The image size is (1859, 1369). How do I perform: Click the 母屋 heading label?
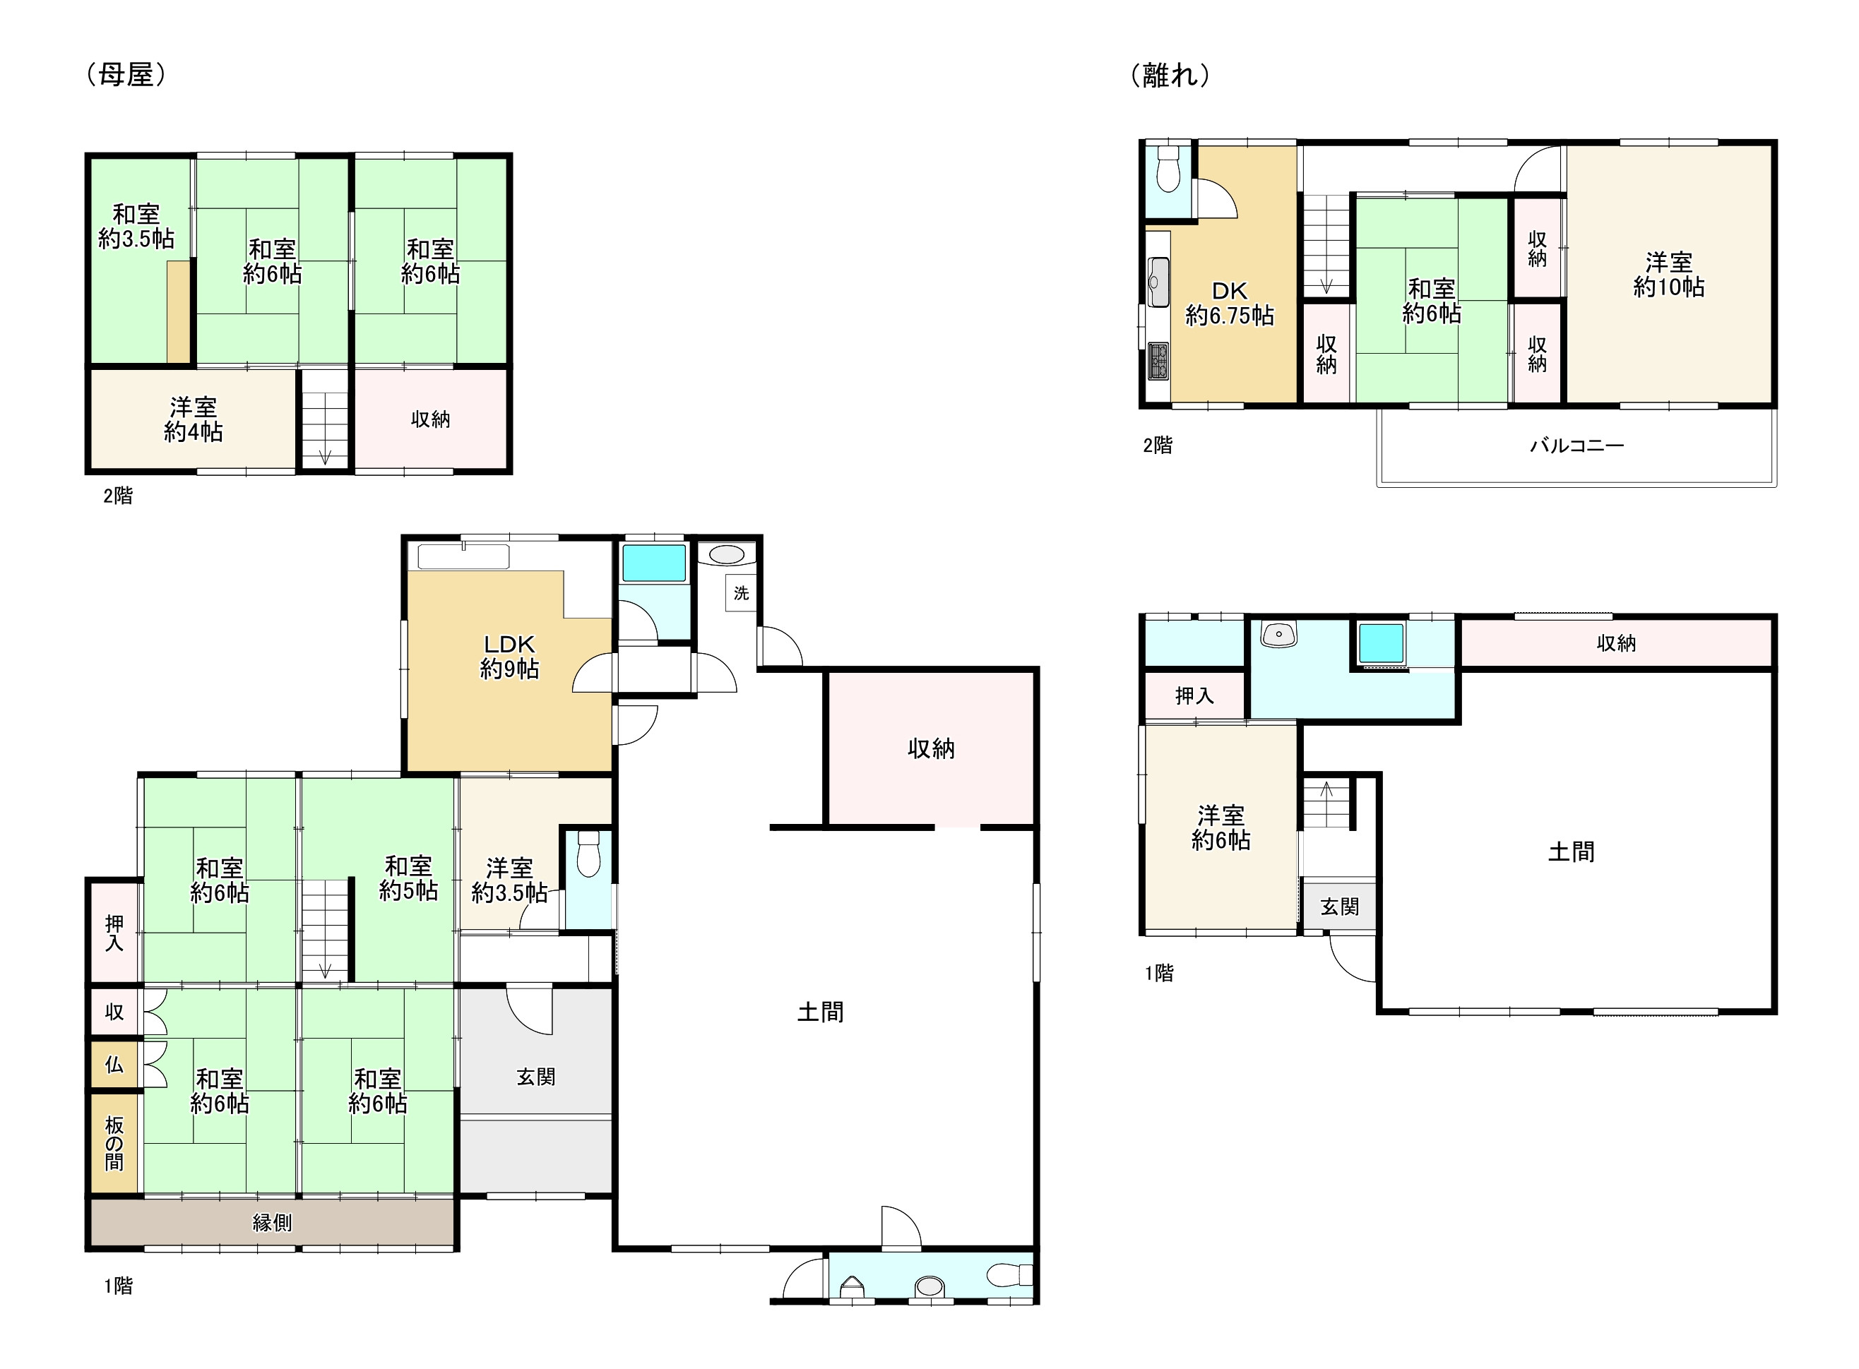126,76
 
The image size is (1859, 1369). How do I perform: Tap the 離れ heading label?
1170,76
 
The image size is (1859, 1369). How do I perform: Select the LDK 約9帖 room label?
509,657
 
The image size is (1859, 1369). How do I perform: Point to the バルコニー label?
1576,446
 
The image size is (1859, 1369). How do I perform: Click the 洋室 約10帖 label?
1668,275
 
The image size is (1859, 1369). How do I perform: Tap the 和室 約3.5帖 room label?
136,226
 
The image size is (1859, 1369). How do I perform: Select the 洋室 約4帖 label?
193,419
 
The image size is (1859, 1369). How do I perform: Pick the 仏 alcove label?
114,1064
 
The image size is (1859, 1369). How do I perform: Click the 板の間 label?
114,1144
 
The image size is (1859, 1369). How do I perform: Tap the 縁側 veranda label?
272,1222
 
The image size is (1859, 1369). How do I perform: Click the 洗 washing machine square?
741,593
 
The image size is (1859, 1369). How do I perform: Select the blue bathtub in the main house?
654,563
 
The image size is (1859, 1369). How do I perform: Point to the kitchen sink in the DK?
1158,282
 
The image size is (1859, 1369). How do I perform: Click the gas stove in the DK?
1158,361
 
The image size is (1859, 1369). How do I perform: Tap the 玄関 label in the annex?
1339,907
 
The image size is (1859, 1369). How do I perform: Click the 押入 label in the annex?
1194,696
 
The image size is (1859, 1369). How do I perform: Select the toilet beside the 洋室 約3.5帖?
588,854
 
